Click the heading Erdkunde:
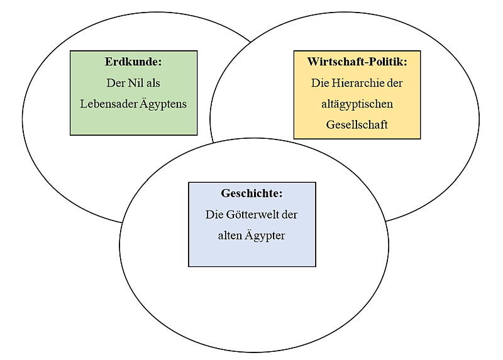click(133, 62)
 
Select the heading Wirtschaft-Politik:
click(357, 62)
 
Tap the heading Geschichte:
click(252, 194)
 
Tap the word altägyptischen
click(357, 104)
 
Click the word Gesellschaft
click(357, 124)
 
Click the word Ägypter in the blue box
click(265, 236)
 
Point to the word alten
click(229, 236)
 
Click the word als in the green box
click(153, 83)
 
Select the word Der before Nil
click(116, 83)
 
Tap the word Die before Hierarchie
click(320, 83)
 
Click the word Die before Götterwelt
click(214, 214)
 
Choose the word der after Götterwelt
click(290, 214)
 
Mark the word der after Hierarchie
click(395, 83)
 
